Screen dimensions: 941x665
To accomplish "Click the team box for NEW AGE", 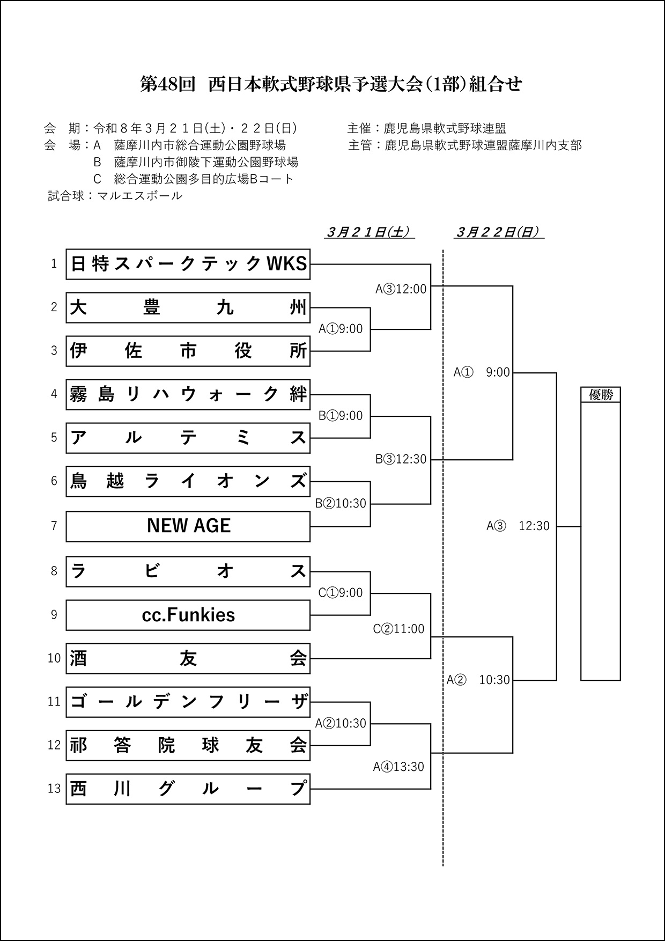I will tap(188, 526).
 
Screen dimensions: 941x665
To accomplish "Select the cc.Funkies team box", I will tap(188, 615).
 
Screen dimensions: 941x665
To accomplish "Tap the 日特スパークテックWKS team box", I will tap(188, 264).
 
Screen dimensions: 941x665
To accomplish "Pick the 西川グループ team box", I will tap(188, 789).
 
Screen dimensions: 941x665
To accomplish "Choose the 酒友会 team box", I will tap(188, 658).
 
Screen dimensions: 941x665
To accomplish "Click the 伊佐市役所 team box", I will tap(188, 351).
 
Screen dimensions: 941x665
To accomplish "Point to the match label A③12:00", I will tap(401, 289).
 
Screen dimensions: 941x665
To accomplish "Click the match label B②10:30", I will tap(341, 503).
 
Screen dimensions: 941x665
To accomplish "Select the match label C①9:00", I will tap(341, 593).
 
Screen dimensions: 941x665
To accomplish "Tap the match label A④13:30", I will tap(398, 767).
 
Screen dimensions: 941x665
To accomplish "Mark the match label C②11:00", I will tap(398, 629).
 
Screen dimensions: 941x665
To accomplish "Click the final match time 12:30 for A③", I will tap(534, 526).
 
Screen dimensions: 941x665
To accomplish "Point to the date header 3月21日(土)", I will tap(369, 232).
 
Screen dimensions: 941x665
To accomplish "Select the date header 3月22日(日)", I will tap(499, 232).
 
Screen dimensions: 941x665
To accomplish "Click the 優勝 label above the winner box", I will tap(601, 395).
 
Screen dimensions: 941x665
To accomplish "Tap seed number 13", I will tap(54, 789).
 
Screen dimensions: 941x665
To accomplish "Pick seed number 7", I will tap(54, 526).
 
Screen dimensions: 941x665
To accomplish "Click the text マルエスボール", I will tap(139, 196).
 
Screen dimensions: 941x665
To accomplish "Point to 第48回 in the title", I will tap(167, 85).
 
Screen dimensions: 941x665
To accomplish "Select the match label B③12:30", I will tap(401, 459).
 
